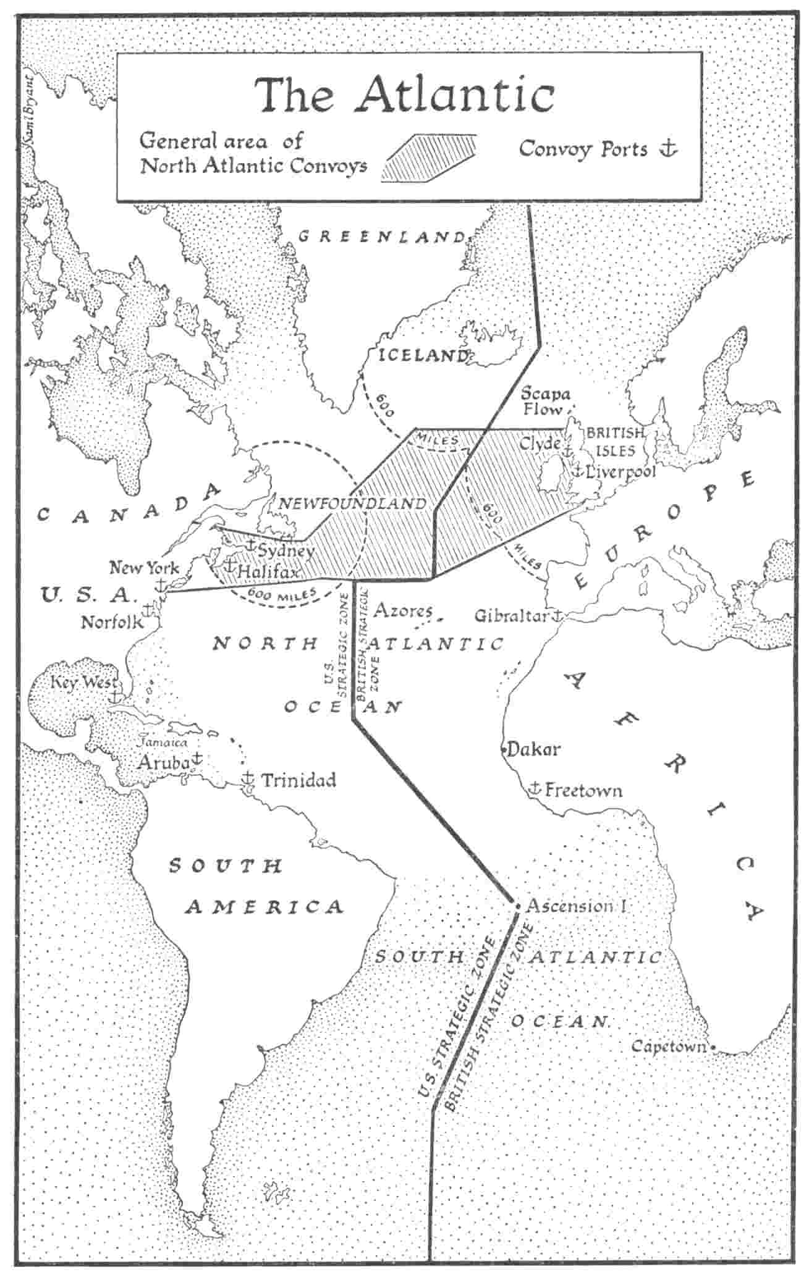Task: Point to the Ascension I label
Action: (577, 906)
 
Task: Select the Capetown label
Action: (669, 1046)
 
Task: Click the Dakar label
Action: (533, 749)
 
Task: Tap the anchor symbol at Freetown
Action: (535, 788)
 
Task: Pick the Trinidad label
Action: (299, 780)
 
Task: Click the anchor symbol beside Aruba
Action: (197, 757)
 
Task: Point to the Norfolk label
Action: (112, 622)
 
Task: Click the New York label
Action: (144, 568)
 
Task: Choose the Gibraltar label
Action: (512, 616)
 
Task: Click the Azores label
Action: (403, 611)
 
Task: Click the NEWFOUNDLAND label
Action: (352, 503)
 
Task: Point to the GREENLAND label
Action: (381, 237)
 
